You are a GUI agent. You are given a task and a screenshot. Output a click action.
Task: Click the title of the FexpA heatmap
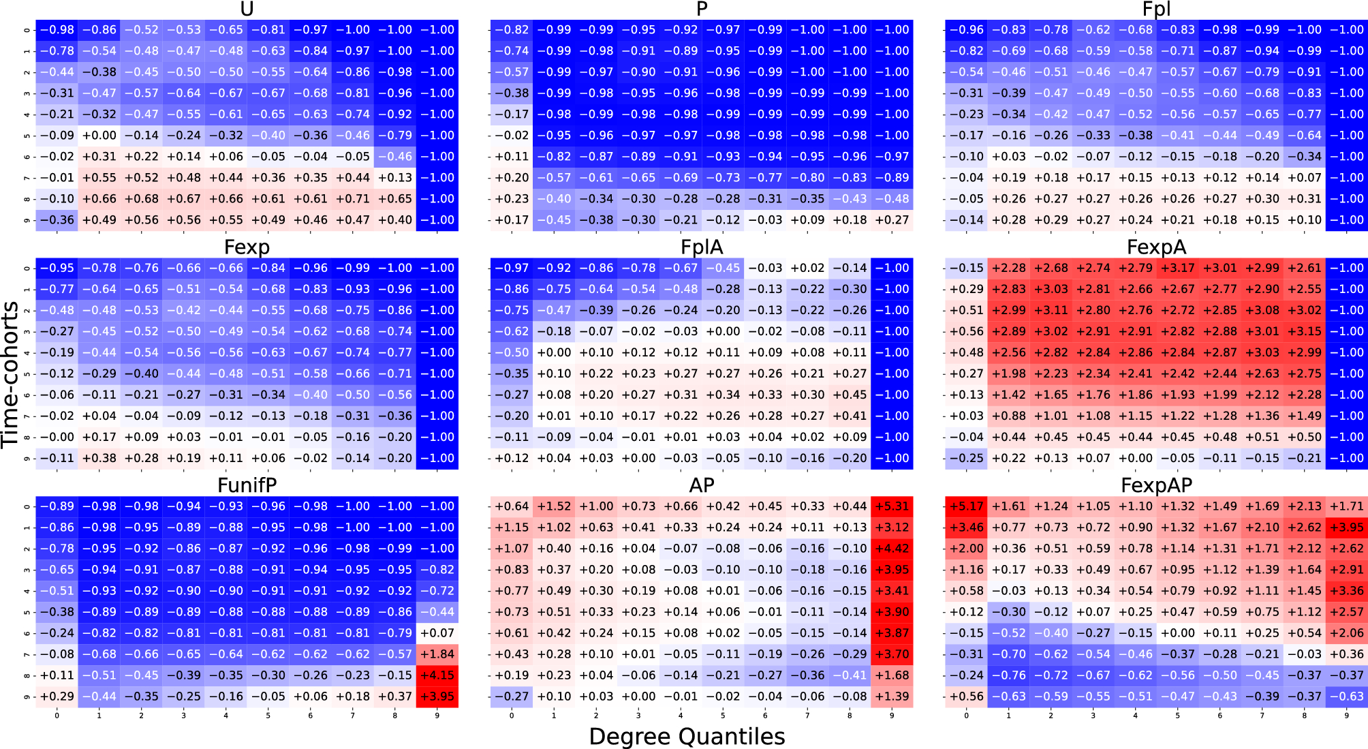1156,247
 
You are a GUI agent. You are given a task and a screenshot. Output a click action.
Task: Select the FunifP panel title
247,485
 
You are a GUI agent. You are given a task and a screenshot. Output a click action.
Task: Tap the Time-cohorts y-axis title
10,375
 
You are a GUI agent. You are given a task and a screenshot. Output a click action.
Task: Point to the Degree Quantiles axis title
687,736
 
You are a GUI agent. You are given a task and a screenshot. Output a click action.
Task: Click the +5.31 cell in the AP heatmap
892,506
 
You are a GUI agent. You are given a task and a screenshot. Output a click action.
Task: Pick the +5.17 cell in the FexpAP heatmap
966,506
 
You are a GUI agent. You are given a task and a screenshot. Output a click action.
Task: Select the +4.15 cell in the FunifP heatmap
437,675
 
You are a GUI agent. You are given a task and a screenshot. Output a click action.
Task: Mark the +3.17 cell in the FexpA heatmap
1177,268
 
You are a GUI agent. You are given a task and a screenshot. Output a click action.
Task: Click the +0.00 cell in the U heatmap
99,136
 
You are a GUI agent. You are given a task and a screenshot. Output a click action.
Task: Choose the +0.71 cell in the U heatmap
353,199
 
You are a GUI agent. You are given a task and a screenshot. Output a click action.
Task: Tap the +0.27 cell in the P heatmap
892,220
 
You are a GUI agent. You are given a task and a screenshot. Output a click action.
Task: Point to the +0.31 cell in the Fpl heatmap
1304,199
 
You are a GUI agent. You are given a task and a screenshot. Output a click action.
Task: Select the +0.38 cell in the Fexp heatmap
99,458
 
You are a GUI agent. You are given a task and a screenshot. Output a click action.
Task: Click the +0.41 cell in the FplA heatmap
850,416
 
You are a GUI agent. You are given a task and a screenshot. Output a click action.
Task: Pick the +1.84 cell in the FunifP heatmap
437,654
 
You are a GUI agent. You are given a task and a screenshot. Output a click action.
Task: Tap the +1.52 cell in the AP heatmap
554,506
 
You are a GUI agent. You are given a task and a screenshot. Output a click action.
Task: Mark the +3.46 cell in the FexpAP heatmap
966,528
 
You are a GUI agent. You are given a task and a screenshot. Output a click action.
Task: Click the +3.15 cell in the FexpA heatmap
1304,331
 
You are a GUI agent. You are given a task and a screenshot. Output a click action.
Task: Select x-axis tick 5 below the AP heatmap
723,716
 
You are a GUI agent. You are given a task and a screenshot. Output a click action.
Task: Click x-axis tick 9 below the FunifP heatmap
437,716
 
